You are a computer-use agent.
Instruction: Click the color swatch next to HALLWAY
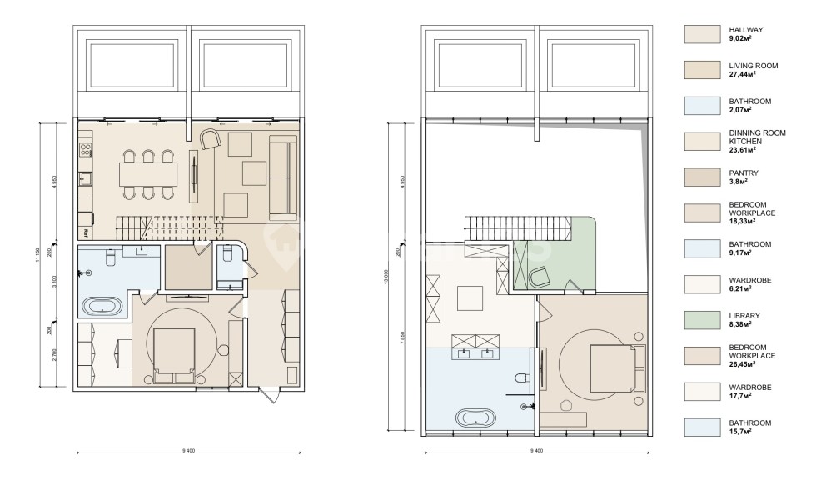tap(701, 32)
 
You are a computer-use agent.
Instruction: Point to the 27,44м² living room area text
tap(743, 74)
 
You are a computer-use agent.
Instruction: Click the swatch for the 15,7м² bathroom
tap(701, 427)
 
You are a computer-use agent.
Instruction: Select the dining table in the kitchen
tap(148, 174)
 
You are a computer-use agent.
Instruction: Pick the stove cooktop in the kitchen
tap(84, 151)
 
